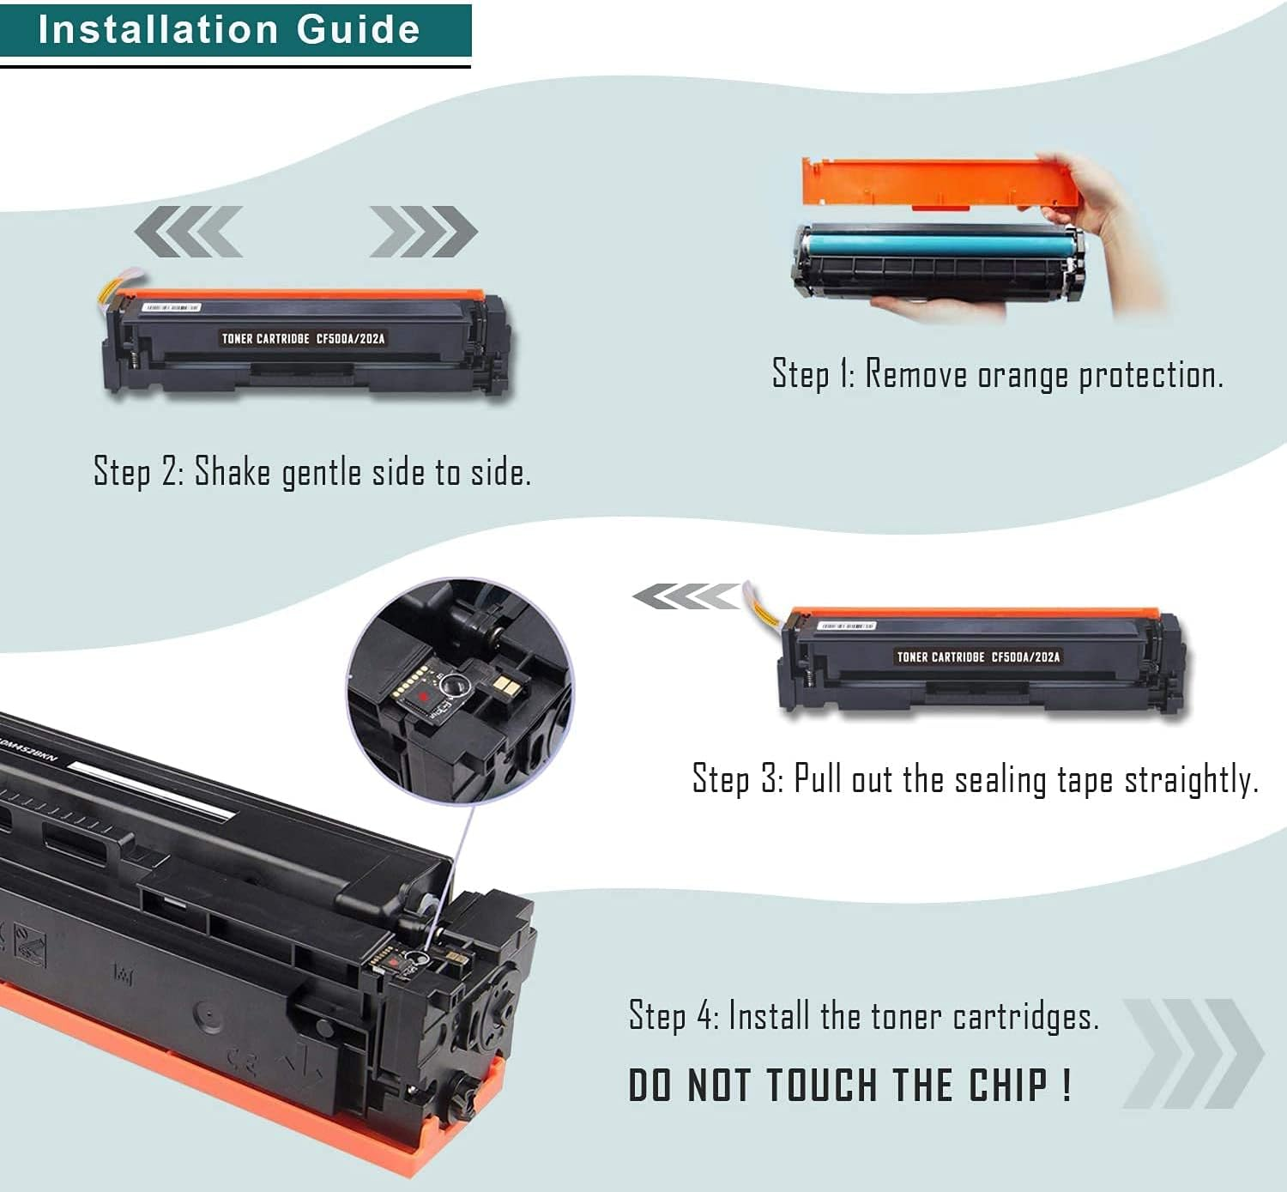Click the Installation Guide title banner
coord(230,30)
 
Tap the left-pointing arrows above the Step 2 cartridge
coord(189,231)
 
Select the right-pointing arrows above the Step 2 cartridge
coord(423,231)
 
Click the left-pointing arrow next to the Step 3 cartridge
coord(685,596)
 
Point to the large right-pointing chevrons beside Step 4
coord(1193,1052)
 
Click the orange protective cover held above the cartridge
coord(935,182)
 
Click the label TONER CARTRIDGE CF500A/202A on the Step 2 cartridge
coord(303,338)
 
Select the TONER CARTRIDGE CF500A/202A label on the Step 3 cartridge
coord(978,657)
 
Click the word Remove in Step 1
coord(916,375)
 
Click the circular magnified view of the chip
coord(461,691)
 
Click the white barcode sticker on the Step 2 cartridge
coord(171,306)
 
